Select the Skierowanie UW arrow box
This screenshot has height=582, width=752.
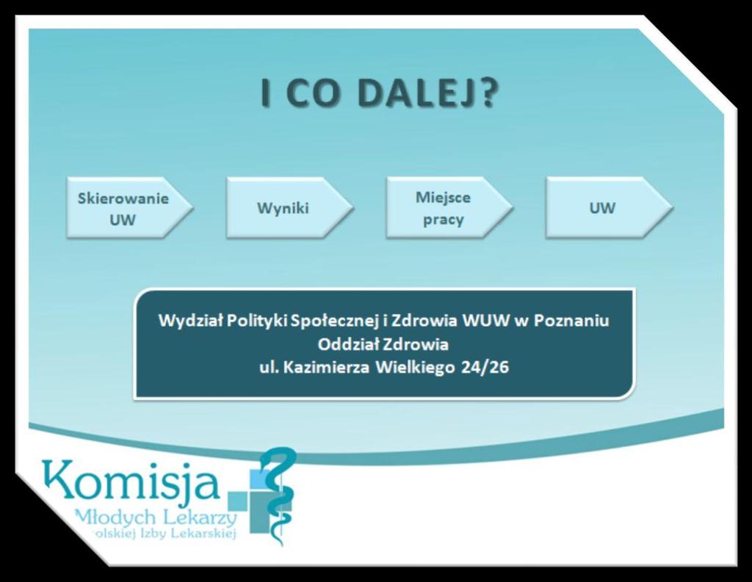(x=129, y=208)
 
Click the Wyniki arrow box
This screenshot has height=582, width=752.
(x=289, y=208)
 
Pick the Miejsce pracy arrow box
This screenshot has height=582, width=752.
(x=449, y=208)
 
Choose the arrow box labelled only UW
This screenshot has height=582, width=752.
(x=610, y=208)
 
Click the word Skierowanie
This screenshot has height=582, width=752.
(x=123, y=198)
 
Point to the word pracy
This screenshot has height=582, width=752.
(x=443, y=220)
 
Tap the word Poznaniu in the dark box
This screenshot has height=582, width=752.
(x=571, y=320)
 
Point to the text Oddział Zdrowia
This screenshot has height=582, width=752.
(x=383, y=344)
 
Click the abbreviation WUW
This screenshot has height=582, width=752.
(x=485, y=320)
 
